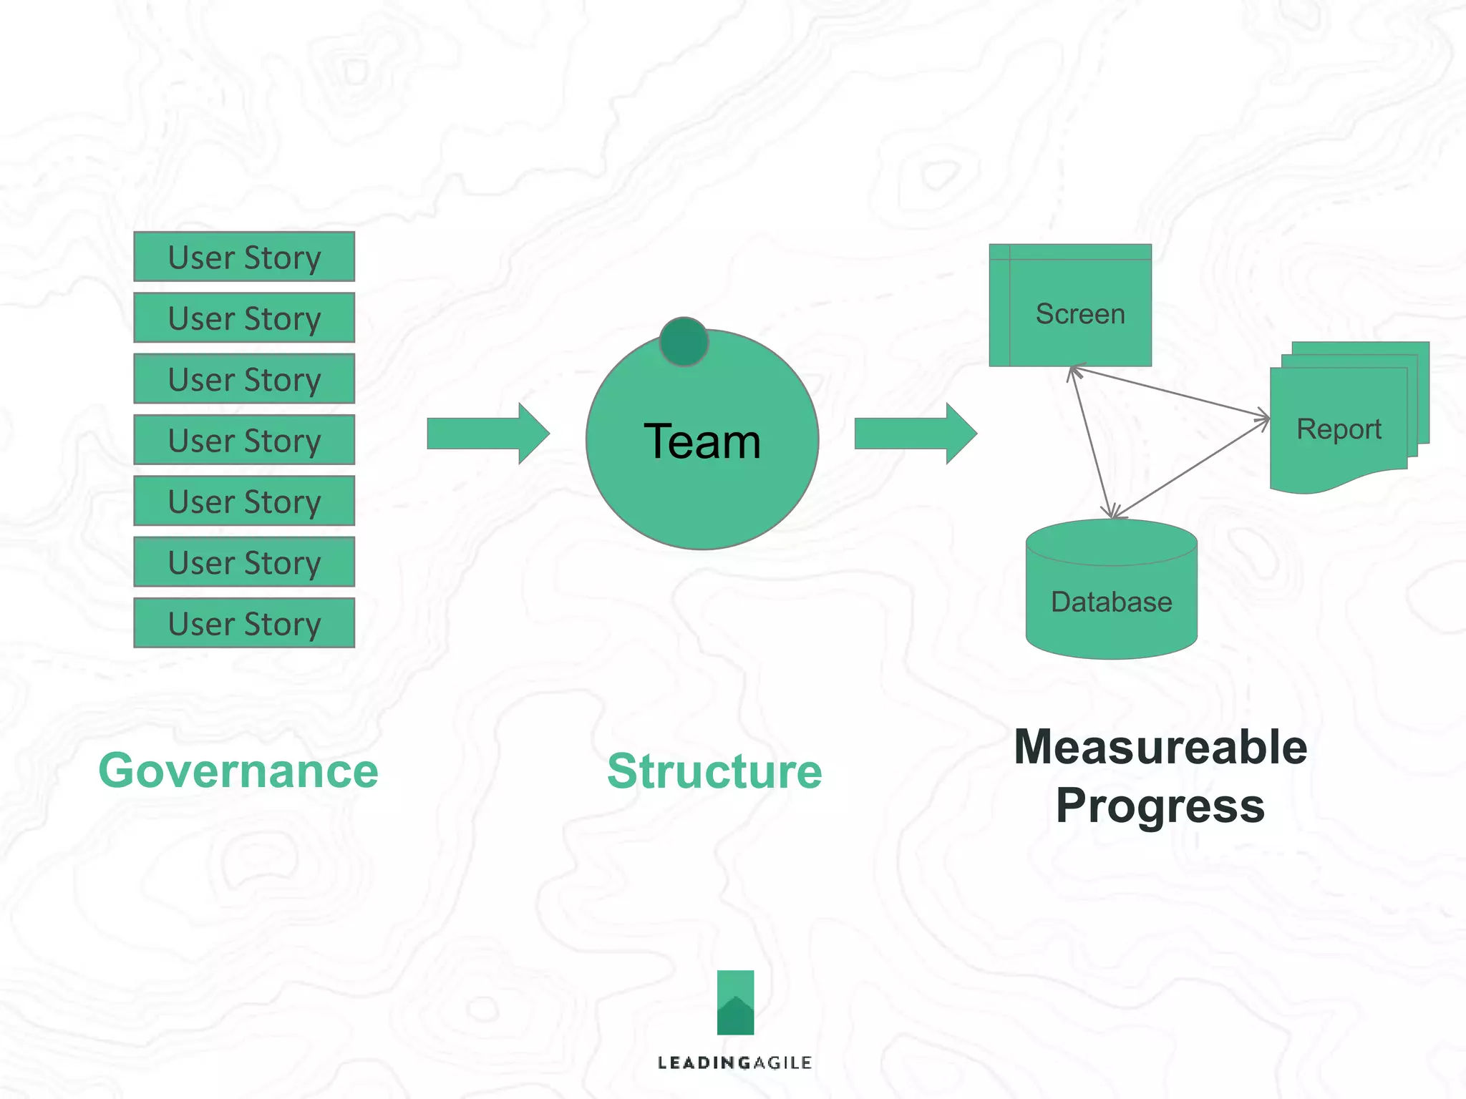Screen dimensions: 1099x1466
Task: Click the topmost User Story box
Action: point(244,257)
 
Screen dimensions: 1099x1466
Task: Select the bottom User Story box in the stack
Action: point(244,623)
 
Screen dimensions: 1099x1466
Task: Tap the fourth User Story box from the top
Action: point(244,440)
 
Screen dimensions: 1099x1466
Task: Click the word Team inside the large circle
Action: point(702,441)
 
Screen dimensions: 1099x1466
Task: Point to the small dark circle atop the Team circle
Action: point(684,342)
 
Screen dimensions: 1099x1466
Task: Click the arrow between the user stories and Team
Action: point(487,434)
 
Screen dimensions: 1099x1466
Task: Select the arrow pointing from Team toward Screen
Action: point(915,434)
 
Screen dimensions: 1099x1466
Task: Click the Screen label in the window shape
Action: point(1080,314)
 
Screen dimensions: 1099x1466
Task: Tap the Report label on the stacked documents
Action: point(1339,429)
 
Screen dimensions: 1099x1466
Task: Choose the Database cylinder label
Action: point(1111,602)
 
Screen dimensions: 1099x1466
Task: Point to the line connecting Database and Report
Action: point(1192,468)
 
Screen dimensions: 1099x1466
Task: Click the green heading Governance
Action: point(238,771)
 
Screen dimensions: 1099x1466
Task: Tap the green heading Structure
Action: point(714,771)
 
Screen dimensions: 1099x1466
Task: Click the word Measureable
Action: point(1160,747)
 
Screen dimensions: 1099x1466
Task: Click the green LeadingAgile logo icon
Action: point(735,1002)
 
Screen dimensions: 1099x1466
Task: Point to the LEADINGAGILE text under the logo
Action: point(734,1063)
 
